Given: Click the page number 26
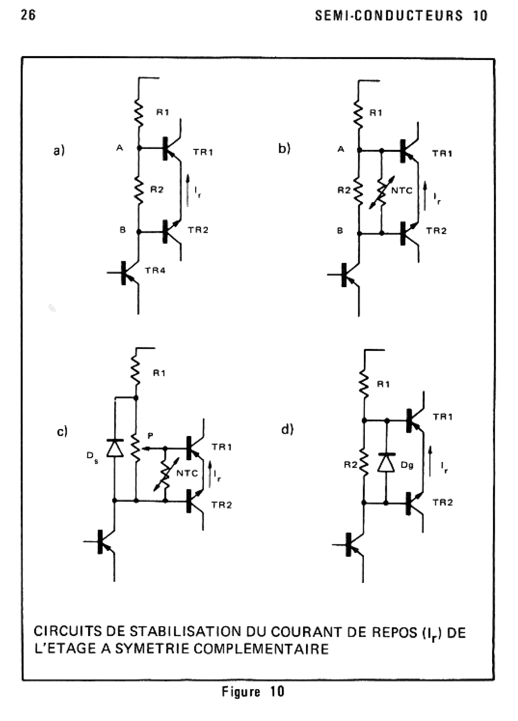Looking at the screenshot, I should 28,16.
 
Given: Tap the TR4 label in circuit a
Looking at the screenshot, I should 155,271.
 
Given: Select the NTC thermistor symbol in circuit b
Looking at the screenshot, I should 381,192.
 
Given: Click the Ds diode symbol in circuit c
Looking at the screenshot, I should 115,448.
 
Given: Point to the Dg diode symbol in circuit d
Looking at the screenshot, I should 386,463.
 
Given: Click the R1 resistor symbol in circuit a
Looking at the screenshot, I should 139,112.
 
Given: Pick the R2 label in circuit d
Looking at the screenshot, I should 350,465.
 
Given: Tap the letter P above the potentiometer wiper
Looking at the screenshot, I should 150,436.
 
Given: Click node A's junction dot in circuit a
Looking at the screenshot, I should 139,148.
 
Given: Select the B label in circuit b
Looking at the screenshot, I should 340,231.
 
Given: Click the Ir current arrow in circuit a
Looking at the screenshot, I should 188,190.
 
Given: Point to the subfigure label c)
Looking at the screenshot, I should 63,431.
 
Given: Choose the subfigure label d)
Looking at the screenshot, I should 287,429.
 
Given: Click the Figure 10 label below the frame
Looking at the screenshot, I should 253,692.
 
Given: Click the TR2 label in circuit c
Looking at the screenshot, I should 221,505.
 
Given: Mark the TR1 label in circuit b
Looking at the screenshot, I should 442,153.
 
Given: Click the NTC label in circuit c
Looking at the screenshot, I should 187,474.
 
